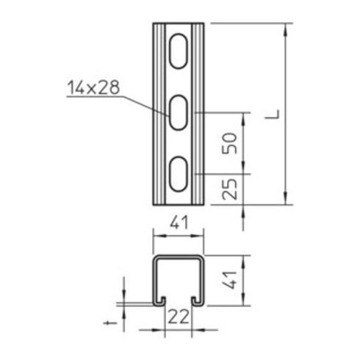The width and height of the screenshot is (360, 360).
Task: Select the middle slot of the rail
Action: (x=177, y=113)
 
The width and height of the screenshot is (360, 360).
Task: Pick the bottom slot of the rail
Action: (x=177, y=174)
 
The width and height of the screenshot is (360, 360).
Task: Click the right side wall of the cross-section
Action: (x=202, y=279)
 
